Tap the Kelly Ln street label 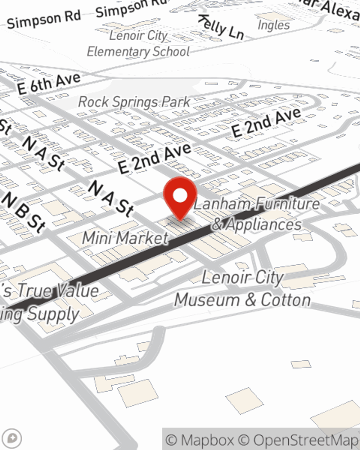pyautogui.click(x=221, y=27)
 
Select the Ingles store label pyautogui.click(x=274, y=25)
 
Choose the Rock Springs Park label pyautogui.click(x=134, y=102)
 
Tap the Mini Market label pyautogui.click(x=126, y=238)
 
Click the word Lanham pyautogui.click(x=222, y=204)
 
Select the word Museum pyautogui.click(x=207, y=300)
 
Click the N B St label pyautogui.click(x=24, y=212)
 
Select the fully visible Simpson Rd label pyautogui.click(x=44, y=20)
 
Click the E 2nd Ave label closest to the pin pyautogui.click(x=155, y=159)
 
